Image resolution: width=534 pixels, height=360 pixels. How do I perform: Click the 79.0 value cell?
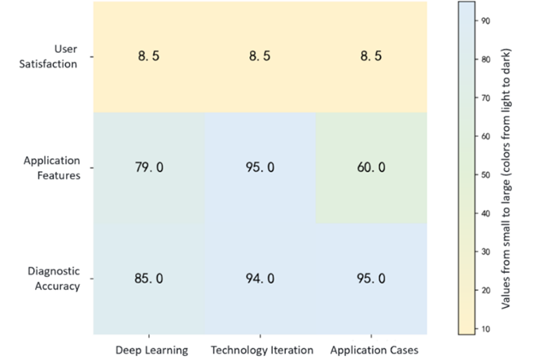(x=148, y=168)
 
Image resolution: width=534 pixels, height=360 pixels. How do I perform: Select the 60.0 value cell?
(x=370, y=168)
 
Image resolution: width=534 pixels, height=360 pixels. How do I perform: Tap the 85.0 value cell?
(x=148, y=279)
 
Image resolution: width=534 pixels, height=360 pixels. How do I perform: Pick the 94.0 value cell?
(x=260, y=279)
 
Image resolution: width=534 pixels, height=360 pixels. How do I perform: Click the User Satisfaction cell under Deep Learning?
(x=148, y=57)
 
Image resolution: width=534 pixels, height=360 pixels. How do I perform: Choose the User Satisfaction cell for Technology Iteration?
(x=260, y=57)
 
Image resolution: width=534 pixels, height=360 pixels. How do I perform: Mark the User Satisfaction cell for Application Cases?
(x=370, y=57)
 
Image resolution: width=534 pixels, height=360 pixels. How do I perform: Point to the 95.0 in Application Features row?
(x=260, y=168)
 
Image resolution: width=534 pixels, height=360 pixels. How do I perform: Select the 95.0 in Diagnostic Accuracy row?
(x=370, y=279)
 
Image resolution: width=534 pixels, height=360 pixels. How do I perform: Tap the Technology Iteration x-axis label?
(x=261, y=350)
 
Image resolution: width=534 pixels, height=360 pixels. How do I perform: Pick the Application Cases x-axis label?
(x=372, y=350)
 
